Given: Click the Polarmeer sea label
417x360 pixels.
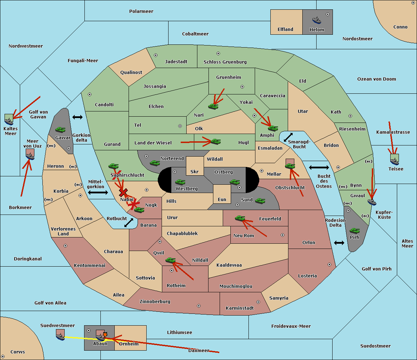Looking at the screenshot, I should click(141, 11).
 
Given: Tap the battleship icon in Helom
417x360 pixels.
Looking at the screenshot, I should click(317, 20).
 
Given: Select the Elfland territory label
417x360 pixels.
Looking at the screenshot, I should click(285, 30).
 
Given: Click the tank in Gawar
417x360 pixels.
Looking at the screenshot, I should click(60, 130).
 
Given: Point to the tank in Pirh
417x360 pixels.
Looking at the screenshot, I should click(355, 231).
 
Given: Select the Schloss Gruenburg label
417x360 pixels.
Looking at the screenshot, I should click(225, 62).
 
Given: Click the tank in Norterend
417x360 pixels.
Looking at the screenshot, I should click(155, 163).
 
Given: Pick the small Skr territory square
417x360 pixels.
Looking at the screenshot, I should click(195, 166).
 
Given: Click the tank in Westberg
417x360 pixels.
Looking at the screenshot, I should click(180, 182).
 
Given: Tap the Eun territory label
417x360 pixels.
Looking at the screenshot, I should click(222, 199).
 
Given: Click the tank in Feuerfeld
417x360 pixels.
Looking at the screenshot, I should click(240, 218).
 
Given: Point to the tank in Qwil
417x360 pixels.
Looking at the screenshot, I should click(171, 260).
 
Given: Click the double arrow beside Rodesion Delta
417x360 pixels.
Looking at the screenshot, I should click(339, 243).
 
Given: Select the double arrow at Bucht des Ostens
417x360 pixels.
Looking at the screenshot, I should click(319, 168).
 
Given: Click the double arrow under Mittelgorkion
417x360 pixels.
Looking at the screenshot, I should click(98, 192).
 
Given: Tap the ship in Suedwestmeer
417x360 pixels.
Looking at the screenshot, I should click(60, 335).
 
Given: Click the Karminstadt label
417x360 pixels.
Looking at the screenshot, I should click(240, 308).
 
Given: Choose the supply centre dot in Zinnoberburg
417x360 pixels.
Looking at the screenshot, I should click(199, 306).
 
